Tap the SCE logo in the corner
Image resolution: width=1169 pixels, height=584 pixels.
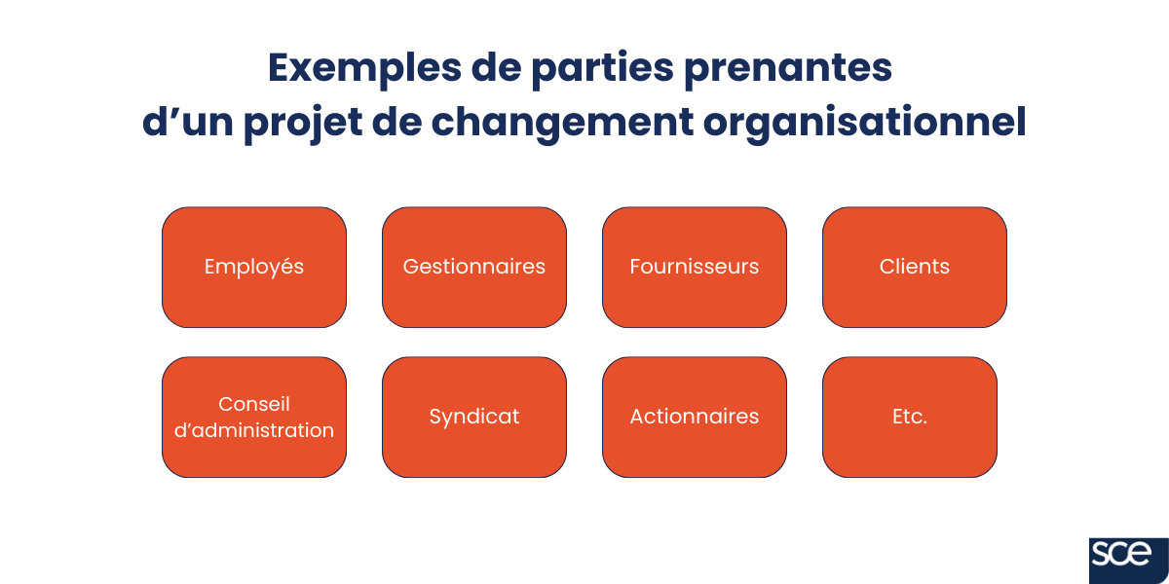click(1128, 557)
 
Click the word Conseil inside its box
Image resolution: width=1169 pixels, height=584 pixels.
click(254, 403)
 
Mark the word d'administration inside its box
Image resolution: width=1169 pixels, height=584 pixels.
click(254, 430)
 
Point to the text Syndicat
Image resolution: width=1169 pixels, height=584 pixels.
click(474, 417)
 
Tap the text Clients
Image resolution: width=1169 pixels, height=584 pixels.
click(915, 267)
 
